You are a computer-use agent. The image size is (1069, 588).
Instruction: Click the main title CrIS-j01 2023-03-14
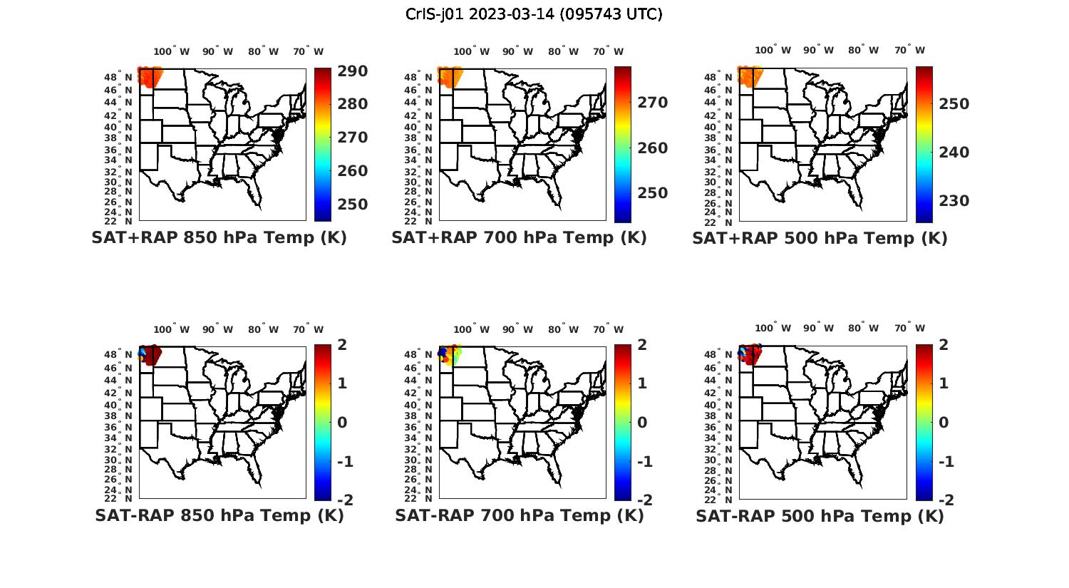pos(534,14)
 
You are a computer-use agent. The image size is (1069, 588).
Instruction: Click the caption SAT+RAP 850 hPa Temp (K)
pos(219,238)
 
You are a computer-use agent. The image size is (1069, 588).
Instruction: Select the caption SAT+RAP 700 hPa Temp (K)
pos(519,238)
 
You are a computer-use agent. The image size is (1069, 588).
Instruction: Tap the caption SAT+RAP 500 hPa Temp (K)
pos(820,239)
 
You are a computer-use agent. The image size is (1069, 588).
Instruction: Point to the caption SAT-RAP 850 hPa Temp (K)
pos(219,515)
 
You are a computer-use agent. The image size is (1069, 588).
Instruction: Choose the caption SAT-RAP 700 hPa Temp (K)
pos(519,515)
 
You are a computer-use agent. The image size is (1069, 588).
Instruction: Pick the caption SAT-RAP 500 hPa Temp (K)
pos(820,516)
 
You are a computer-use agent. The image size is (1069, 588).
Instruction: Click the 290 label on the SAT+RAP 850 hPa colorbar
pos(352,71)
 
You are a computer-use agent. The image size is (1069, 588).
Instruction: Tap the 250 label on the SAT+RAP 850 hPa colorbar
pos(352,205)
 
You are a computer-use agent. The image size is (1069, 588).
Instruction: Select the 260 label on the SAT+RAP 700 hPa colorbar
pos(653,148)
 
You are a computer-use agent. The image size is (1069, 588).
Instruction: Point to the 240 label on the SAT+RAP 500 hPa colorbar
pos(954,153)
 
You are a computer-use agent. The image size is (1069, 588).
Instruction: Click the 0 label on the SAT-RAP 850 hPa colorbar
pos(342,423)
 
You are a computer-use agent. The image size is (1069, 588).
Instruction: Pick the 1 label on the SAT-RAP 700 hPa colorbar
pos(643,383)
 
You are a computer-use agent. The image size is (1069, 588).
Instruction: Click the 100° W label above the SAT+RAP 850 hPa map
pos(171,51)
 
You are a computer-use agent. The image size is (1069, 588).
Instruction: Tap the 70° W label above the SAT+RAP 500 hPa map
pos(909,50)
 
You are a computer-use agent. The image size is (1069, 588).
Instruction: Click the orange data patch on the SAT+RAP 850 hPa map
pos(150,77)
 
